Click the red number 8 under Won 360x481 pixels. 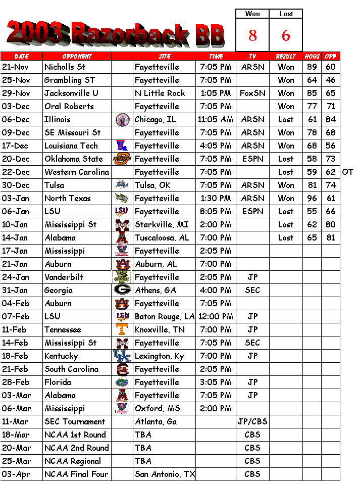[x=252, y=35]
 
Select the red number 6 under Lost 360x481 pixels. [x=286, y=35]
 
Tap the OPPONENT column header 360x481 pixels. [x=77, y=56]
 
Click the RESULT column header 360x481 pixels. [x=286, y=56]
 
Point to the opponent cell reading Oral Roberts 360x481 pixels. [x=69, y=106]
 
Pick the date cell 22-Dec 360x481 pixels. [x=16, y=172]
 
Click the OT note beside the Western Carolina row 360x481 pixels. [x=347, y=172]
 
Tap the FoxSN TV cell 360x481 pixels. [x=252, y=93]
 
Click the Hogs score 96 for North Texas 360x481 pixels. [x=312, y=198]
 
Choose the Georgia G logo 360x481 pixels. [x=122, y=290]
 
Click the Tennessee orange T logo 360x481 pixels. [x=122, y=329]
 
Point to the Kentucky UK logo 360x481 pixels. [x=122, y=356]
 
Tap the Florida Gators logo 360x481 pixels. [x=122, y=382]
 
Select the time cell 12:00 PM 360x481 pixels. [x=216, y=316]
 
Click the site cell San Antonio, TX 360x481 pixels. [x=165, y=474]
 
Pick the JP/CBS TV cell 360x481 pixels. [x=252, y=421]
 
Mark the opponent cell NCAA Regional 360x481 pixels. [x=73, y=461]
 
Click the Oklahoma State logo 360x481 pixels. [x=122, y=159]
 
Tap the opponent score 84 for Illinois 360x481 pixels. [x=331, y=119]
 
